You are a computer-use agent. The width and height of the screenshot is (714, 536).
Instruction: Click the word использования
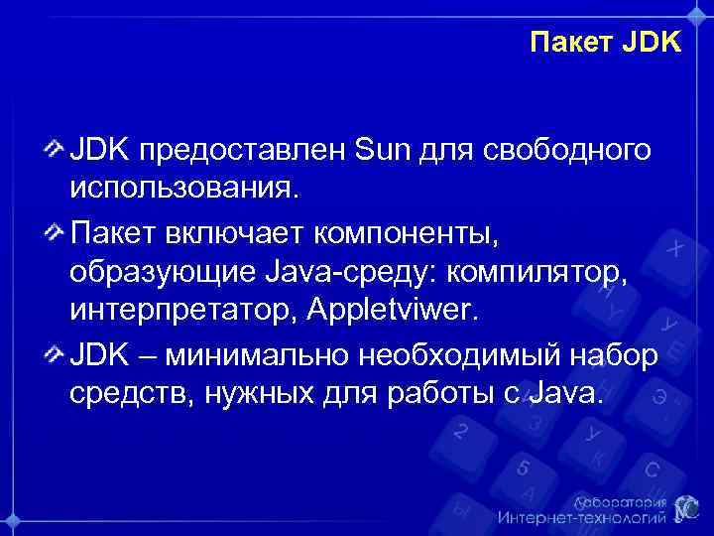(x=181, y=187)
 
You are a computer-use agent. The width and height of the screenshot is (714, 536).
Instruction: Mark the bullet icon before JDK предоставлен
(x=56, y=150)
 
